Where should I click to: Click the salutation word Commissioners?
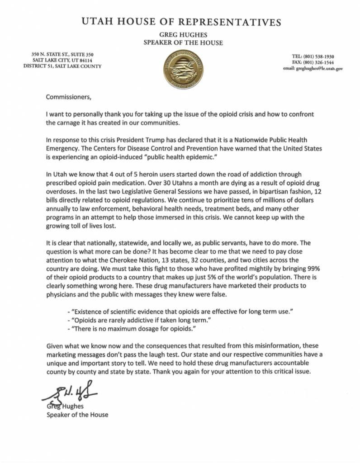(68, 96)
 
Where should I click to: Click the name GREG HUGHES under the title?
(180, 36)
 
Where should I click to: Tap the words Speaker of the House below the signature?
(78, 414)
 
